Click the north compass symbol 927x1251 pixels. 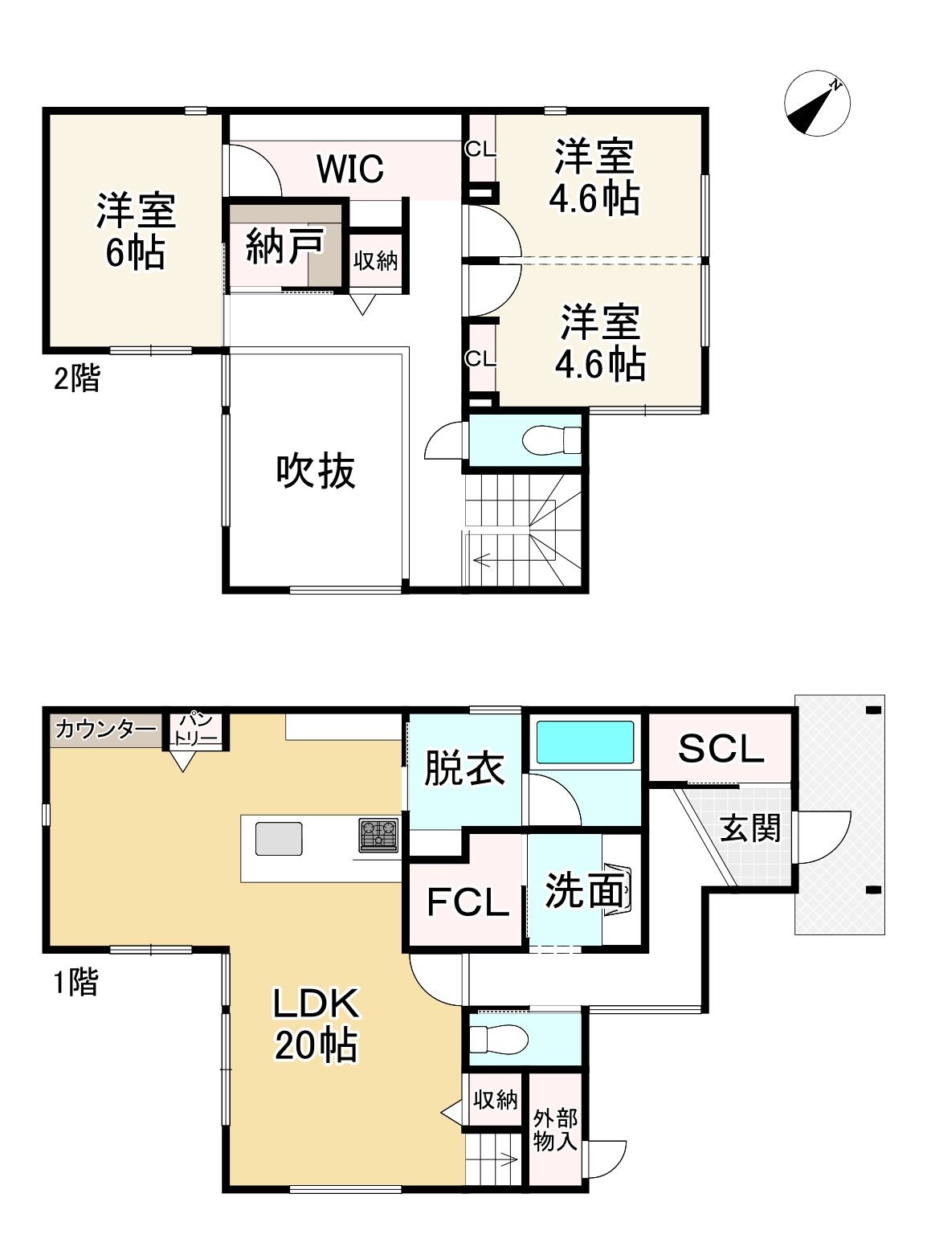tap(816, 104)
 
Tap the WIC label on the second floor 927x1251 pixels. tap(350, 168)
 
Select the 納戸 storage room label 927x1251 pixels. tap(284, 245)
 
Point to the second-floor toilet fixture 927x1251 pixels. tap(552, 439)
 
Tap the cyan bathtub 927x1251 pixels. tap(585, 742)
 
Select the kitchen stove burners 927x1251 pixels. tap(378, 835)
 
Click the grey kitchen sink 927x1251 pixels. tap(279, 839)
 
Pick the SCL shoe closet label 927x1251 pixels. tap(721, 749)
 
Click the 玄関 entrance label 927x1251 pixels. tap(750, 829)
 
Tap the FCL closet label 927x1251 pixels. tap(468, 901)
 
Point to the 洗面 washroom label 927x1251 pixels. tap(585, 890)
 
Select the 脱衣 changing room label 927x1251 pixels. tap(464, 767)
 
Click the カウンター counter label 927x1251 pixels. tap(106, 730)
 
